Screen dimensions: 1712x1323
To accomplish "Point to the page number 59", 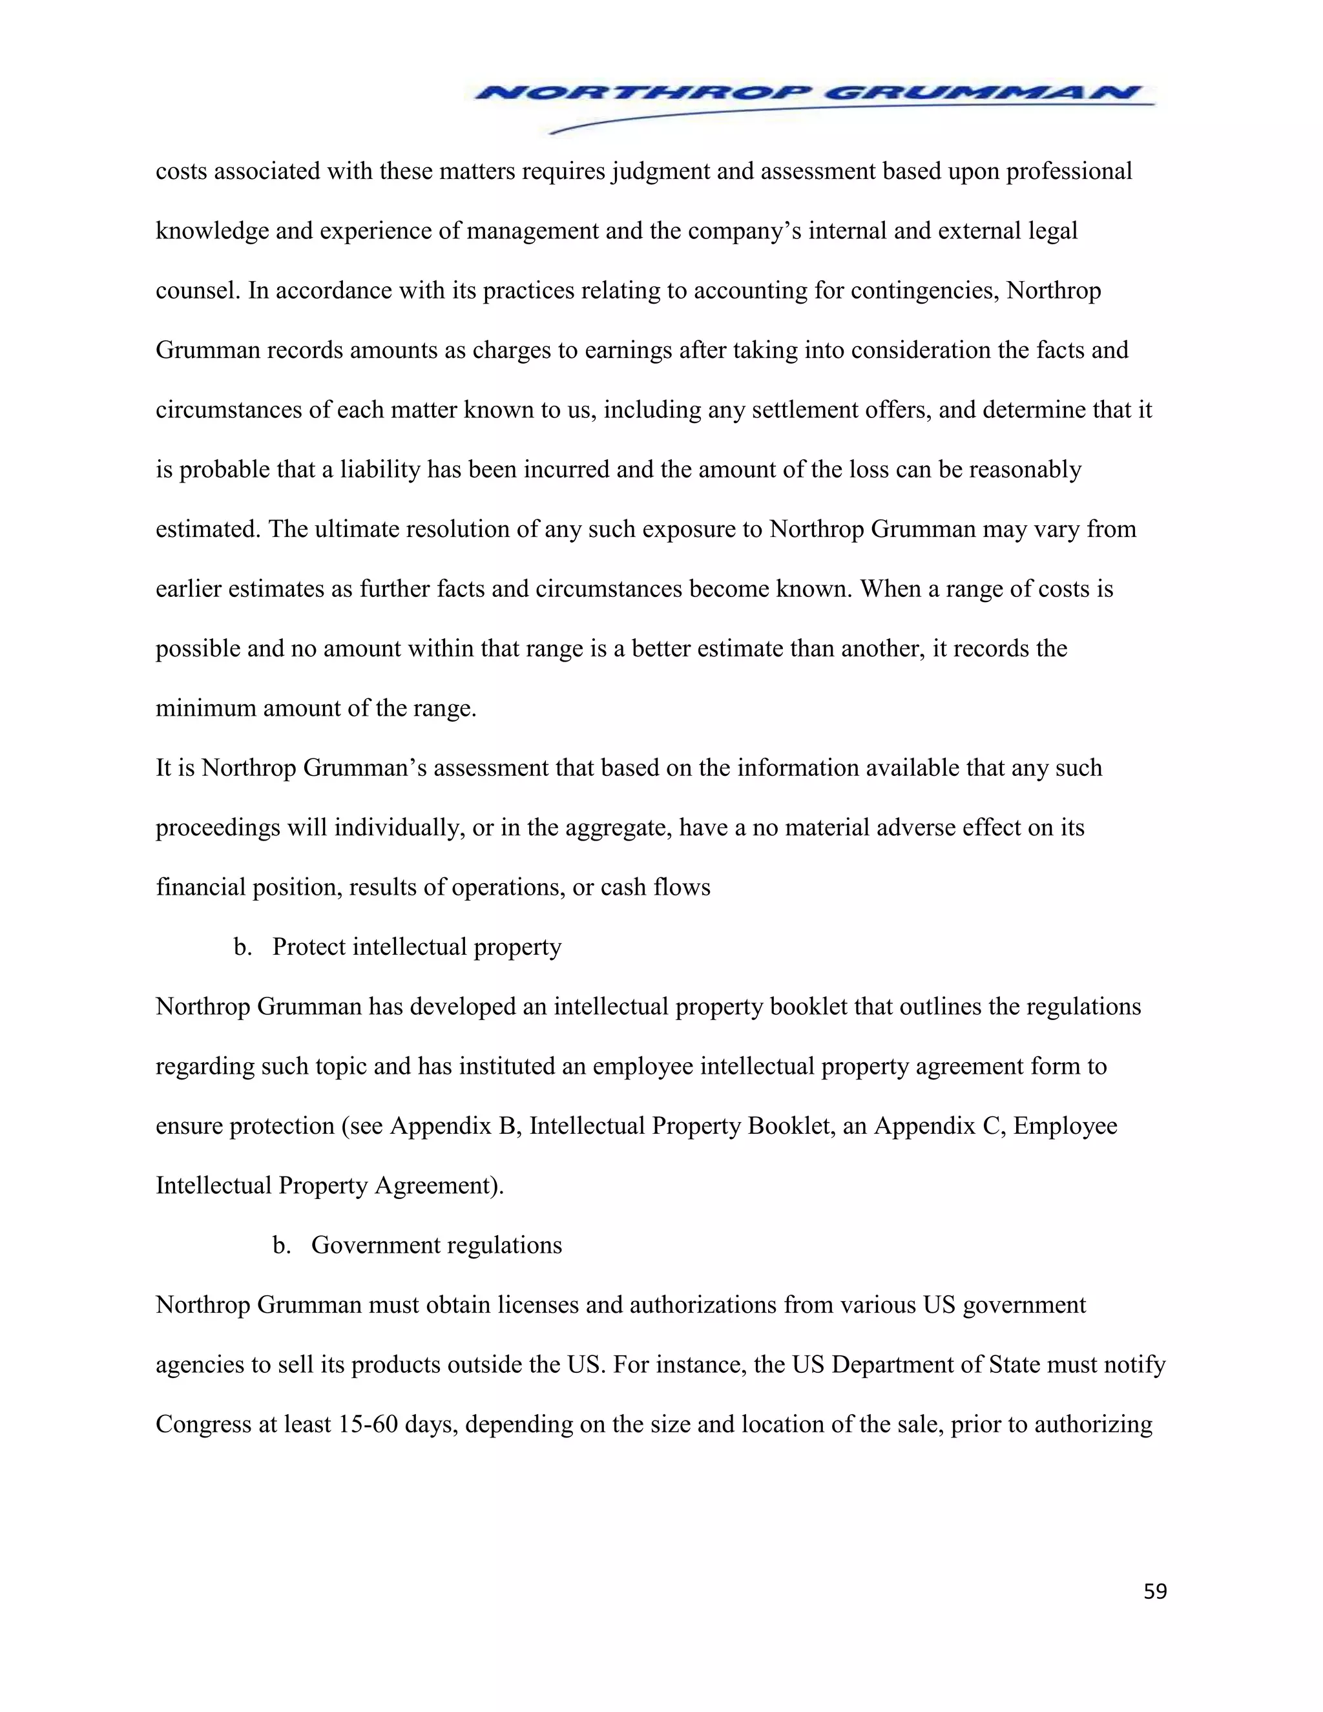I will pyautogui.click(x=1154, y=1591).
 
